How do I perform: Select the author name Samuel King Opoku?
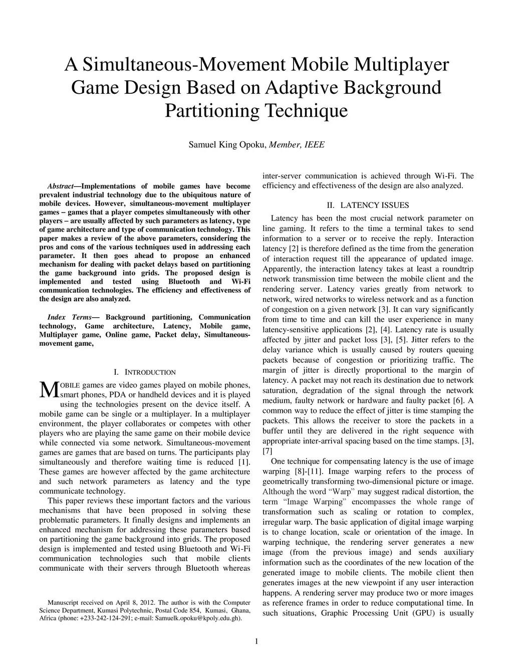pos(227,145)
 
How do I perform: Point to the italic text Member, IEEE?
pos(297,145)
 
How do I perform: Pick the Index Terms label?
pos(74,317)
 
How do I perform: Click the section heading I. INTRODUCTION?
pos(145,372)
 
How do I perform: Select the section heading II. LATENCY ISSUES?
pos(368,205)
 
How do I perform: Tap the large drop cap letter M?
pos(49,390)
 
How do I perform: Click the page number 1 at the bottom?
pos(256,641)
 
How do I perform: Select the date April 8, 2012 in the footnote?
pos(135,602)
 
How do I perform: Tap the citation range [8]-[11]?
pos(303,472)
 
